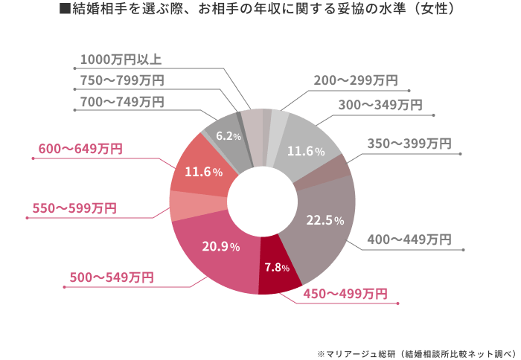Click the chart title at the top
click(260, 12)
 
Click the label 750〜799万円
click(121, 80)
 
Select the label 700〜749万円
click(121, 102)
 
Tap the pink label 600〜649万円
click(80, 150)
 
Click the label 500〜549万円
click(111, 277)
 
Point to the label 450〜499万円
click(345, 294)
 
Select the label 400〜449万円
click(409, 240)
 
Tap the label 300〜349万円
click(380, 105)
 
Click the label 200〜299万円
click(355, 80)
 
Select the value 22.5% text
click(325, 220)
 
